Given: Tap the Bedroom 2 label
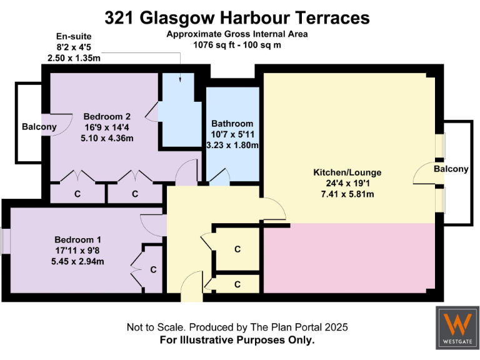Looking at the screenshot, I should pos(107,116).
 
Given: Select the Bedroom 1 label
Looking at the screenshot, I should pos(77,239).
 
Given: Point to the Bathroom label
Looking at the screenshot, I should pos(232,123).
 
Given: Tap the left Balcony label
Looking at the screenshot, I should pos(39,127).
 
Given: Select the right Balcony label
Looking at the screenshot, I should pos(451,169).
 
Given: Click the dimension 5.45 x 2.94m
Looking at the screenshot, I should pos(77,261).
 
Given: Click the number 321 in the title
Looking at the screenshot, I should pos(118,17).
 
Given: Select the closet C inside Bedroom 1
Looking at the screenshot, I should pos(153,270).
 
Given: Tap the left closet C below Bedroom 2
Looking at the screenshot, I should pos(77,194).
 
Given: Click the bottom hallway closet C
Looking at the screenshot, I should pos(237,284).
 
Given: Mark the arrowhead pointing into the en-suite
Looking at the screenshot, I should pos(180,79).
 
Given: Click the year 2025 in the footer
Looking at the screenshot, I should pos(335,327).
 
